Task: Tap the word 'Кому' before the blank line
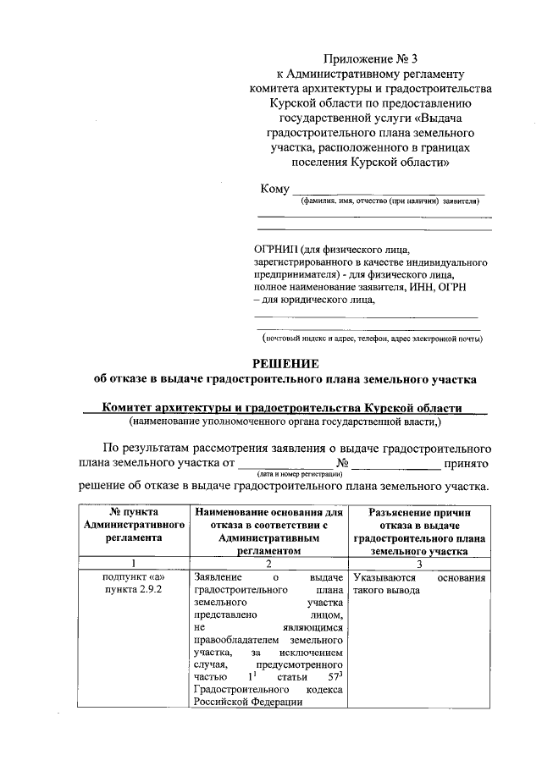[x=274, y=189]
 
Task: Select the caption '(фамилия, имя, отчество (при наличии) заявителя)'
[x=390, y=202]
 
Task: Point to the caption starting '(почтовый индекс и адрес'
[x=372, y=339]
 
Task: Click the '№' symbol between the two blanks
[x=343, y=463]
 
